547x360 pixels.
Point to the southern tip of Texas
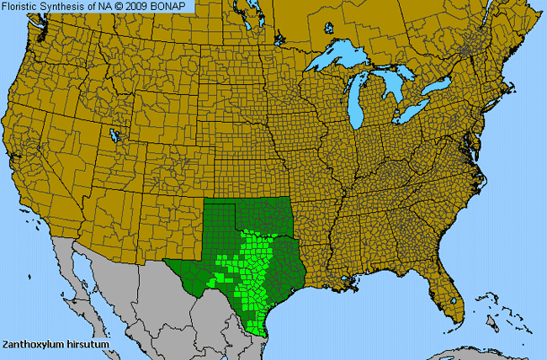262,332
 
